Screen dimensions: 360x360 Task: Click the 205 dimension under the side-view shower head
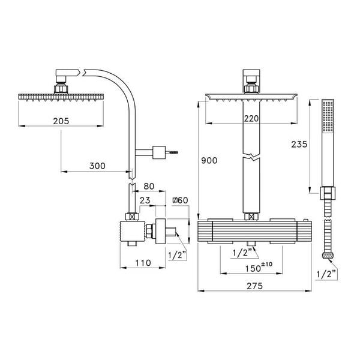click(60, 121)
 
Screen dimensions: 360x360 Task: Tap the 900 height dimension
click(209, 161)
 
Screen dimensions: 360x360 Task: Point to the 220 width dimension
click(251, 119)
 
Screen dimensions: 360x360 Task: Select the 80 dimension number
click(149, 186)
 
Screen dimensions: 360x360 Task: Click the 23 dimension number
click(145, 200)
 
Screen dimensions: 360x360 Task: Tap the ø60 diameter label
click(181, 200)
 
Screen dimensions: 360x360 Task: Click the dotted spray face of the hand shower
click(328, 116)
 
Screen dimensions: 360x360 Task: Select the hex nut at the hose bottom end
click(327, 257)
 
